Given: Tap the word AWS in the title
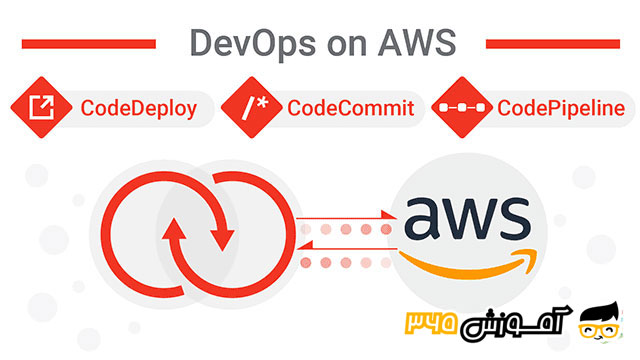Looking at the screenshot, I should pos(414,43).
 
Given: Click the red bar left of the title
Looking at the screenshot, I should pos(88,44).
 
